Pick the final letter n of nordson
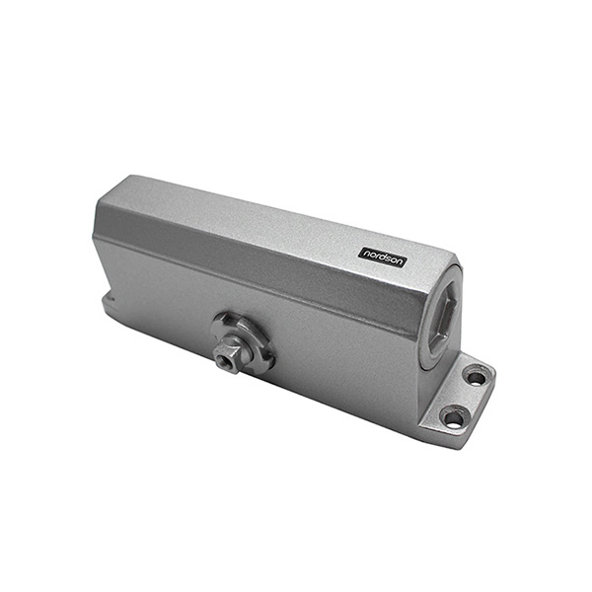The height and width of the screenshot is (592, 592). tap(401, 252)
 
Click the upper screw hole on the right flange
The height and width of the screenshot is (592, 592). tap(476, 377)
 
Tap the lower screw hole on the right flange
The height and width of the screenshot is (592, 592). tap(454, 417)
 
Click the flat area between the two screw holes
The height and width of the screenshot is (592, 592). tap(466, 397)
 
